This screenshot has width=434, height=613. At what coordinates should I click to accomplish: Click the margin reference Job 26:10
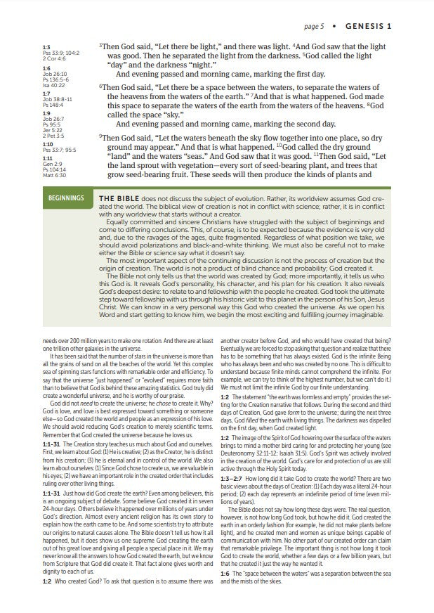[x=53, y=73]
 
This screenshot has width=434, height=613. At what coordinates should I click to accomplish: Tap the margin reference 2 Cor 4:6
[x=53, y=58]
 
